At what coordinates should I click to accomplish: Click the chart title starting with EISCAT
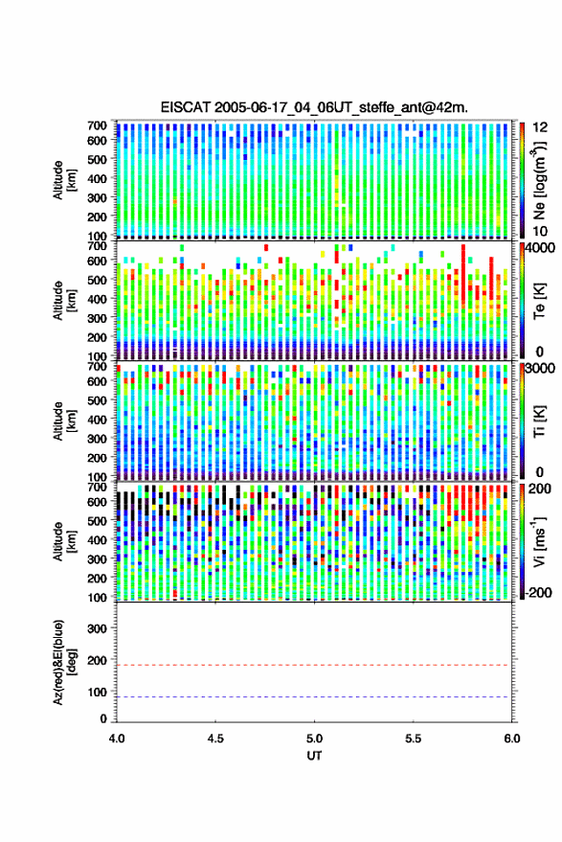314,107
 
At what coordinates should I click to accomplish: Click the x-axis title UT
314,756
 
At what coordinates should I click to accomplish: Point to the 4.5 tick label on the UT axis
215,739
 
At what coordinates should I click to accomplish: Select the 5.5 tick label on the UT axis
413,739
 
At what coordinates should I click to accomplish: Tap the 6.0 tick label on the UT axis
511,739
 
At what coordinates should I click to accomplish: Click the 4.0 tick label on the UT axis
117,739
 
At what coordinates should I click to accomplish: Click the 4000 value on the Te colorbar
541,248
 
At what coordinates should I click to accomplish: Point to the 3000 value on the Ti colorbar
541,369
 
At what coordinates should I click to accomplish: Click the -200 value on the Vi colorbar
538,593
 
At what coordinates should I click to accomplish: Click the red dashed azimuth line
314,665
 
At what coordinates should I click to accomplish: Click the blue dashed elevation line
314,697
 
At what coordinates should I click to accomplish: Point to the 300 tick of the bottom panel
97,628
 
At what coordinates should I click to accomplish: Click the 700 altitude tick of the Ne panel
97,125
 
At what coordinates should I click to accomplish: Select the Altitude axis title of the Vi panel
64,541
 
